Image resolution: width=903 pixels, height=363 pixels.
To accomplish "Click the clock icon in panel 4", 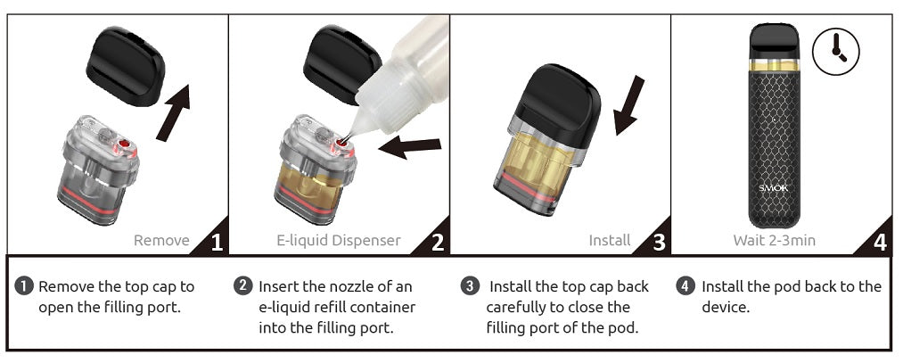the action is pos(835,51).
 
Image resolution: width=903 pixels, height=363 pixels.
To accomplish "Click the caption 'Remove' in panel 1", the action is pos(161,240).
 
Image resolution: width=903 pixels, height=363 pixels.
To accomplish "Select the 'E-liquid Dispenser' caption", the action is pos(338,240).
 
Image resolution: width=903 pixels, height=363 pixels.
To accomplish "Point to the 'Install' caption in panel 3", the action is pos(610,240).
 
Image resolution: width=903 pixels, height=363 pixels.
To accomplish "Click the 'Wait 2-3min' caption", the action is pos(774,240).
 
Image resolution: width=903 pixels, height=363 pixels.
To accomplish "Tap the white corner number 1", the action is pos(217,243).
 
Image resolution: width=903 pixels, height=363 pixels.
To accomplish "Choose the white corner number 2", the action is pos(438,243).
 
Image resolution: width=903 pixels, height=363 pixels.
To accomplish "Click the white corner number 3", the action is pos(659,243).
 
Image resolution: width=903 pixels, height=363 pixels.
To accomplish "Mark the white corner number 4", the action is pos(880,243).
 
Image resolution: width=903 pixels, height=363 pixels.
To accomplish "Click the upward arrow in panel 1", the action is pos(173,112).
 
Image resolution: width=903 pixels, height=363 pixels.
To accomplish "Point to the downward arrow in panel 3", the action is pos(628,105).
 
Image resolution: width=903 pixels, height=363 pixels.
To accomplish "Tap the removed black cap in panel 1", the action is pos(126,66).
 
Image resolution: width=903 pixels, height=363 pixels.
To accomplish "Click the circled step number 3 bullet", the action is pos(471,286).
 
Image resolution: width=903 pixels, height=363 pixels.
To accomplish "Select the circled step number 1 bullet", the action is pos(25,286).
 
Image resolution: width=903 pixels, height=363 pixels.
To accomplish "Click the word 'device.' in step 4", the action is pos(726,307).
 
